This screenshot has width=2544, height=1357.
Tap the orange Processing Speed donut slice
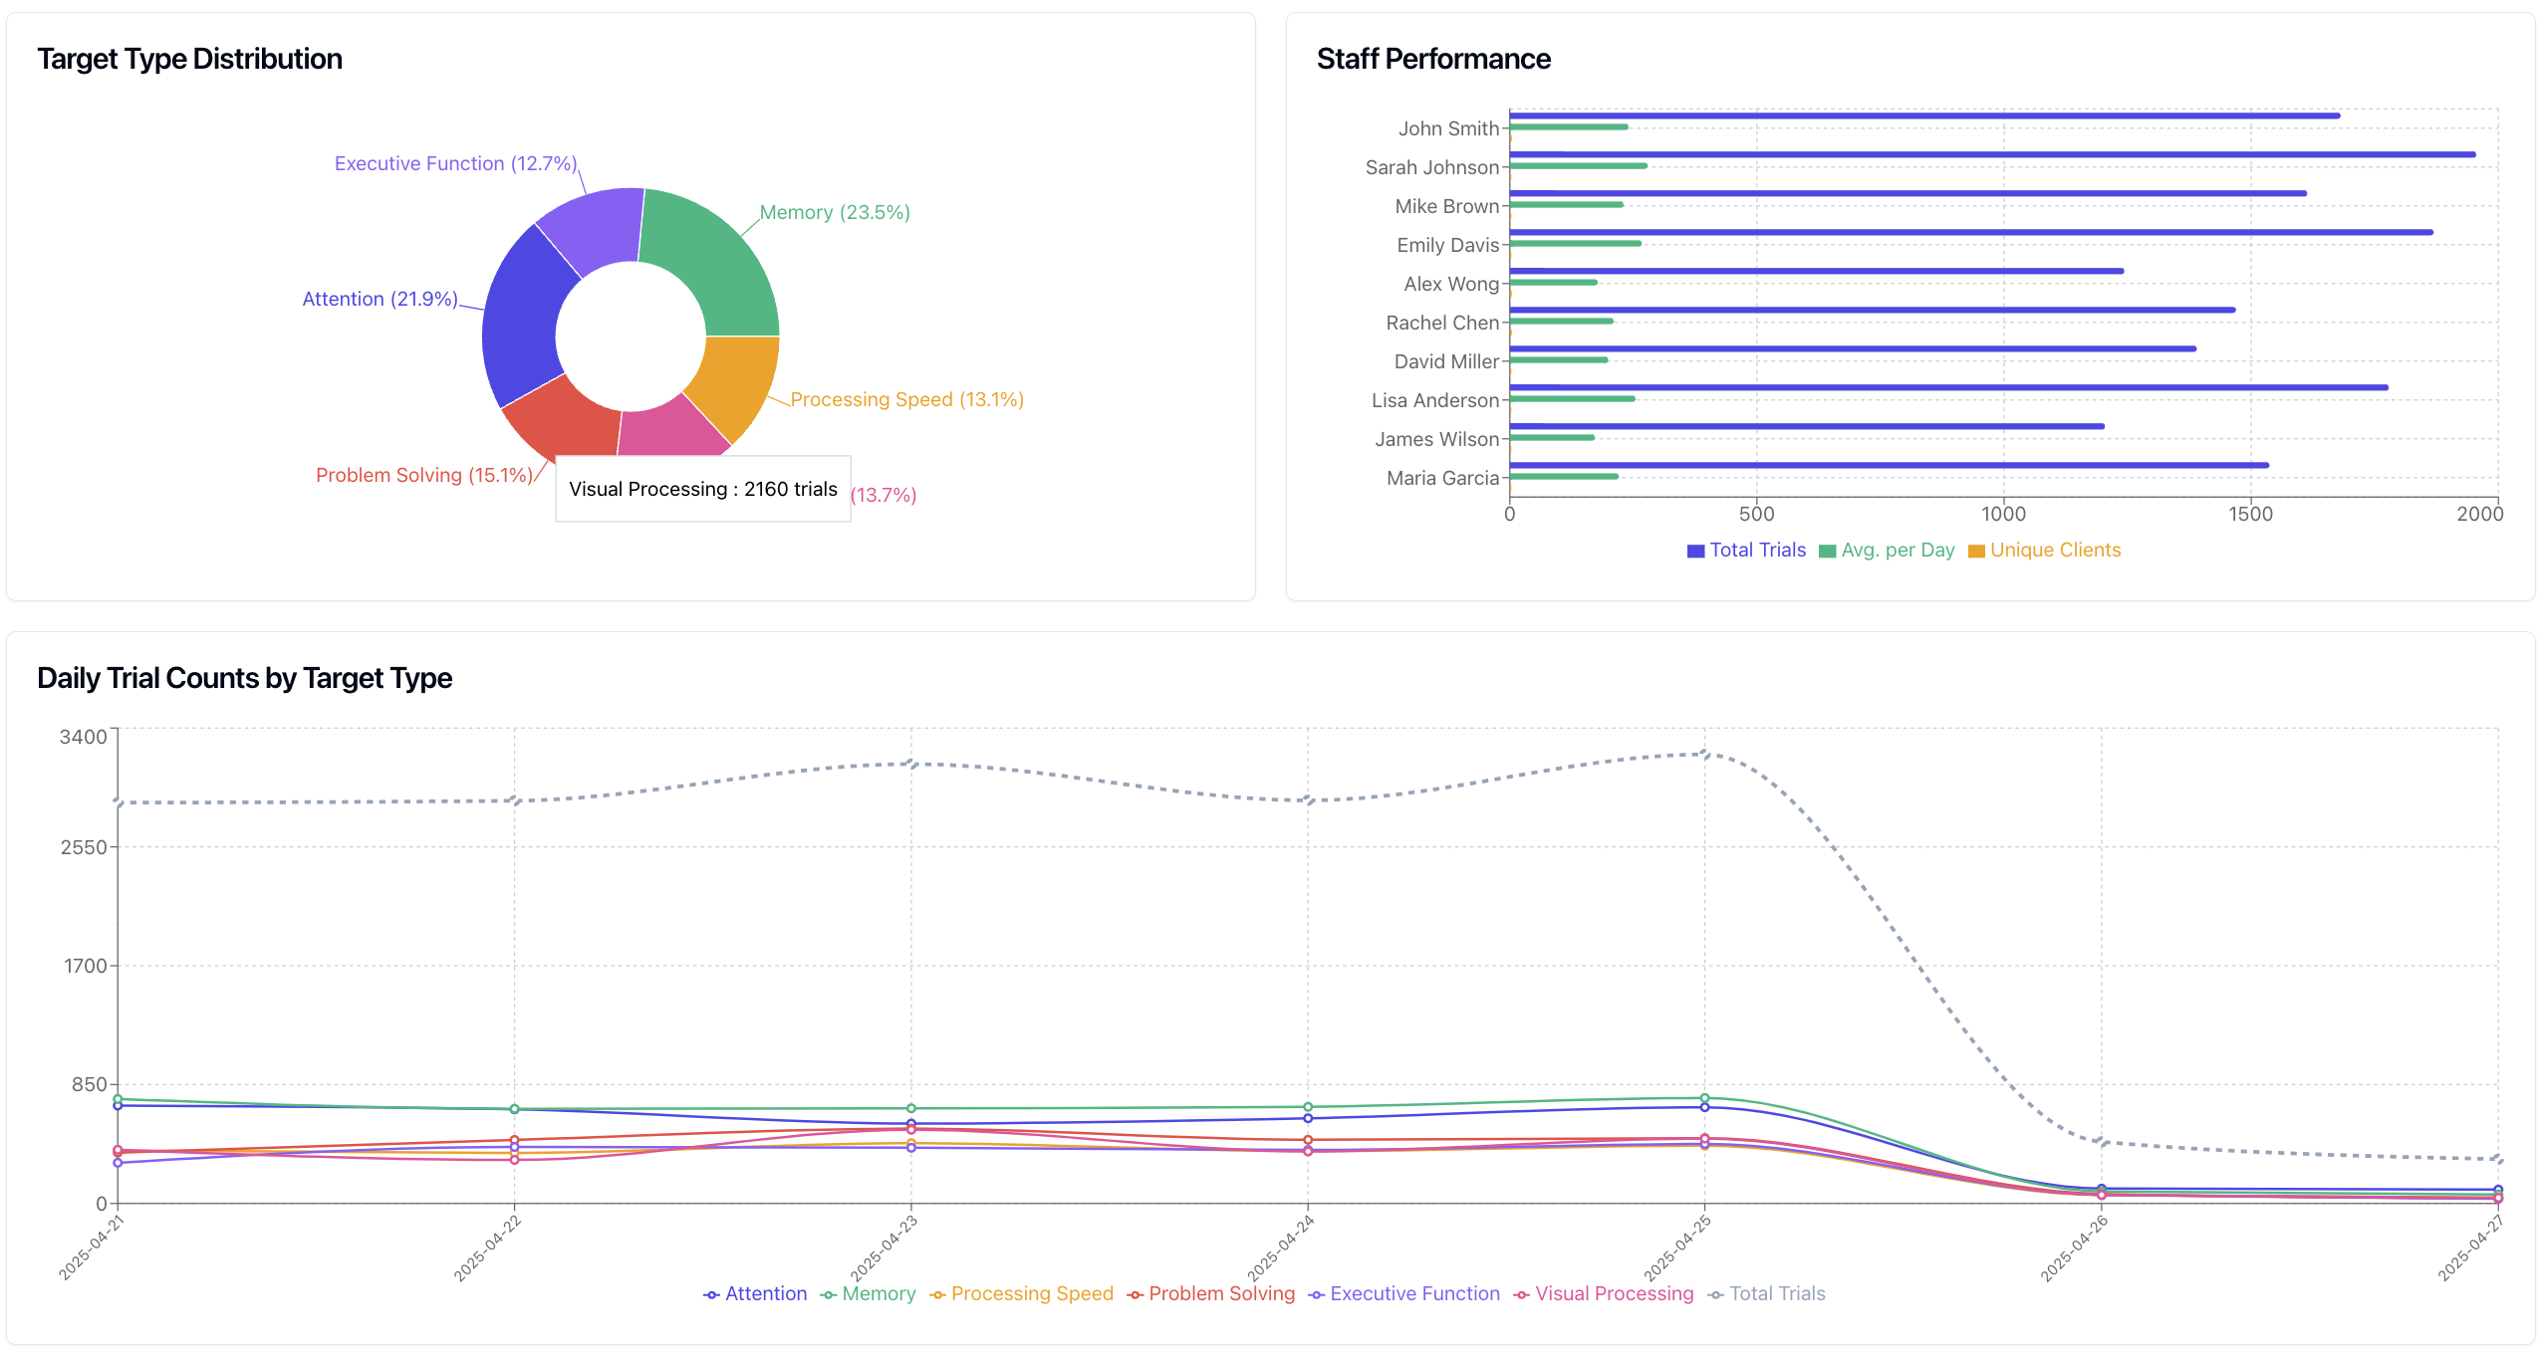(x=735, y=383)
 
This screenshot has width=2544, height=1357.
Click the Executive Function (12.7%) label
(x=455, y=163)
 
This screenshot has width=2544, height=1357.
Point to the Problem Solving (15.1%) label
(x=423, y=475)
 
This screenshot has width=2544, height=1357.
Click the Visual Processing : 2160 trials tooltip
(x=702, y=489)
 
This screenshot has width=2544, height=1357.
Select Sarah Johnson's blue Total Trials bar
(x=1992, y=154)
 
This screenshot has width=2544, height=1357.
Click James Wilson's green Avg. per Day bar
(x=1552, y=437)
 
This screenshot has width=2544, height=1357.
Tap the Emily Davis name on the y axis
(x=1446, y=245)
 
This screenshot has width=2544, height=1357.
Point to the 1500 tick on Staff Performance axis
(x=2250, y=514)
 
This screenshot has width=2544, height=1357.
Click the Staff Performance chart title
(x=1432, y=59)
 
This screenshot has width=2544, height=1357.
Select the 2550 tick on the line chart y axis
(x=84, y=847)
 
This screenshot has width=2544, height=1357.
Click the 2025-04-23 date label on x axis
(x=885, y=1247)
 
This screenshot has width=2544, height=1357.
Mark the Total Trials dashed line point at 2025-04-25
(x=1704, y=754)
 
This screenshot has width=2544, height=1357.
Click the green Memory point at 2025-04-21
(x=118, y=1099)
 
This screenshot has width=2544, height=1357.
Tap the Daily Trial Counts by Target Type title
(x=244, y=678)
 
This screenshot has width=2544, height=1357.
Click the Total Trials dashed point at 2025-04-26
(x=2101, y=1142)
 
